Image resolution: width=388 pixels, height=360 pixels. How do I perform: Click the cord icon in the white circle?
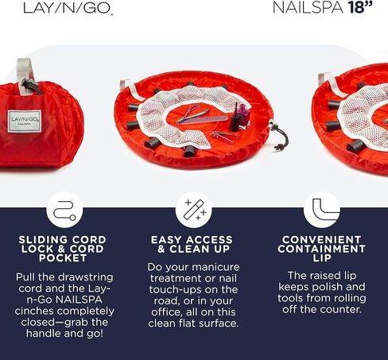(x=64, y=210)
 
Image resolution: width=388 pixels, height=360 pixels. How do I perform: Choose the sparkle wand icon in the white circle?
(x=193, y=210)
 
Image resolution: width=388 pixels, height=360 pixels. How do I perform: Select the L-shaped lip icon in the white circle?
(x=321, y=210)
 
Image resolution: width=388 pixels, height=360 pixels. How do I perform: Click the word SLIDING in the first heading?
(x=39, y=239)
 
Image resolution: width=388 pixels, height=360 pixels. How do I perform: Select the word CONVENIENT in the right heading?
(x=321, y=239)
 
